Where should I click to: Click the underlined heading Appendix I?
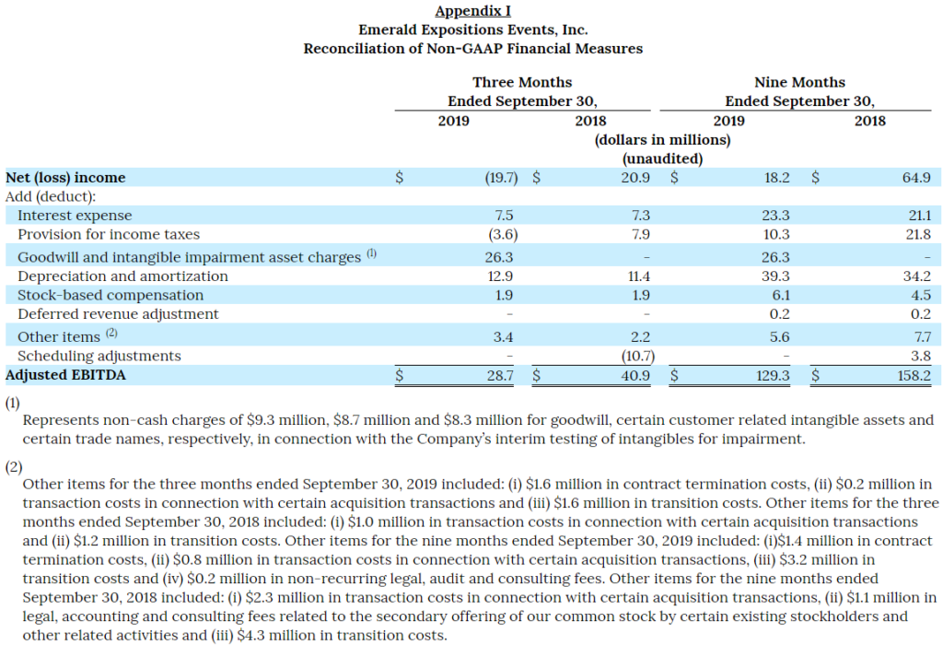tap(472, 11)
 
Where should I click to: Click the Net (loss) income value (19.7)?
tap(501, 178)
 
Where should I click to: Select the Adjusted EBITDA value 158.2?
tap(914, 375)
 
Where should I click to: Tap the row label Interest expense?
tap(75, 216)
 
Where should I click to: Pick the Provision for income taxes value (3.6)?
tap(503, 234)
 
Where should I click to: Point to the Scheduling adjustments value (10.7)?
tap(637, 357)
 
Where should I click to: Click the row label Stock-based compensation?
tap(111, 296)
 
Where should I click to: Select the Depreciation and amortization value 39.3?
tap(775, 276)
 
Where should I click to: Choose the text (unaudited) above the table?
tap(662, 158)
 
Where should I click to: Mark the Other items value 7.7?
tap(922, 337)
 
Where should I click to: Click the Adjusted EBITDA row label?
tap(65, 375)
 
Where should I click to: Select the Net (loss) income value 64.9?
tap(916, 178)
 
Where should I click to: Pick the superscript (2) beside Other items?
tap(111, 333)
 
